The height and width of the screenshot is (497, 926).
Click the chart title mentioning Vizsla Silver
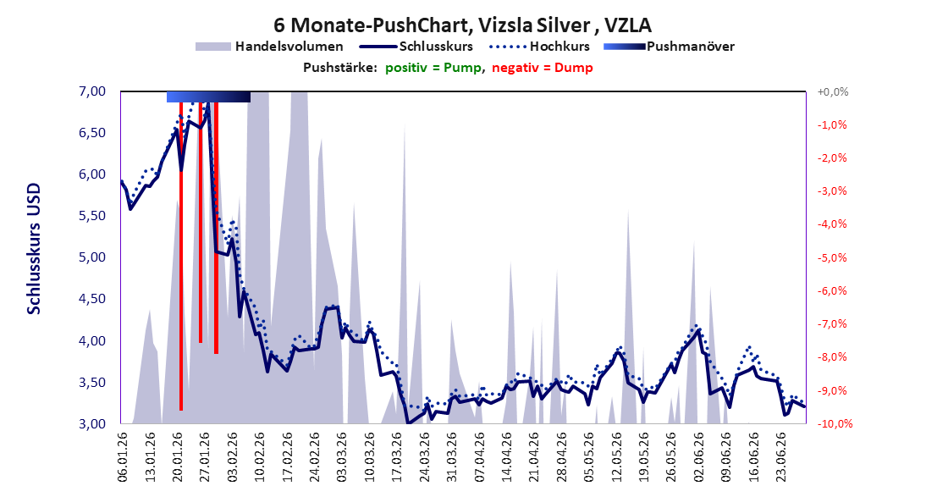(x=462, y=25)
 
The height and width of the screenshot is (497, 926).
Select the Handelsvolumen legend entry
(x=269, y=46)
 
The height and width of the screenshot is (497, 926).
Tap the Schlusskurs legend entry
(x=416, y=46)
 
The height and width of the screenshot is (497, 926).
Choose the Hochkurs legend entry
(x=539, y=46)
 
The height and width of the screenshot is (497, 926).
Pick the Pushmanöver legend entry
(x=669, y=46)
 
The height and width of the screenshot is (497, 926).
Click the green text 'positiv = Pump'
(x=433, y=68)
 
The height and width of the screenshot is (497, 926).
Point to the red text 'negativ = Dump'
(x=542, y=68)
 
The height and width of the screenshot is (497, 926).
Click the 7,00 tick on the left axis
(x=91, y=91)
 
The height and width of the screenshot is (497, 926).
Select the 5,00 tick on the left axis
(x=91, y=257)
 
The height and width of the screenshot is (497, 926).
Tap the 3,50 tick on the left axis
(x=91, y=383)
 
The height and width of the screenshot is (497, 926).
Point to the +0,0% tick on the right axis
(x=833, y=91)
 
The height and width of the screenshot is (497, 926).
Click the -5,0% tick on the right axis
(x=833, y=257)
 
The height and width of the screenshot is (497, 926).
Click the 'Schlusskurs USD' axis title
(x=34, y=249)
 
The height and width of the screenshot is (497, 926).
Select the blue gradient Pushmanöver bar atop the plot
(x=208, y=97)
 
